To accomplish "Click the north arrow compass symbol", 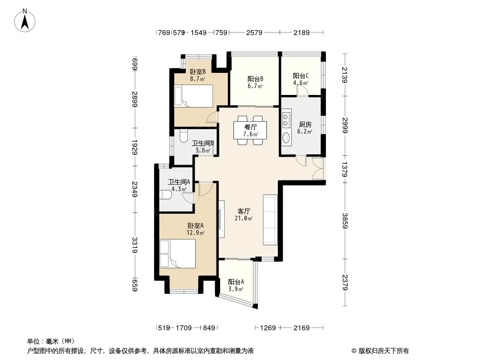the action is click(x=25, y=20).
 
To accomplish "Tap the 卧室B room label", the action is click(x=198, y=72).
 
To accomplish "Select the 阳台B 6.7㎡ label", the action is click(x=255, y=83).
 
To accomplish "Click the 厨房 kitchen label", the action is click(x=305, y=125).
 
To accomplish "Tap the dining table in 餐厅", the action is click(x=250, y=130).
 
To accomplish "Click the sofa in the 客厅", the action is click(x=270, y=220).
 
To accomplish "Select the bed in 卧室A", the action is click(x=177, y=253).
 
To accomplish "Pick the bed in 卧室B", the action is click(x=194, y=96).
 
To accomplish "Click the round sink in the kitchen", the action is click(x=286, y=137).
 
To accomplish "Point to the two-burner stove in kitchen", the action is click(x=286, y=120).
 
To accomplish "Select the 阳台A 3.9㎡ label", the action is click(x=235, y=285).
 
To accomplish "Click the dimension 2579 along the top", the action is click(x=254, y=32).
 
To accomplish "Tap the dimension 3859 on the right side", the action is click(x=345, y=220).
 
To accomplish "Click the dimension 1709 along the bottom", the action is click(x=184, y=328).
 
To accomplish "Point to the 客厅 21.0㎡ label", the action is click(x=244, y=215).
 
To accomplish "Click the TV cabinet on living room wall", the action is click(x=222, y=219).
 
